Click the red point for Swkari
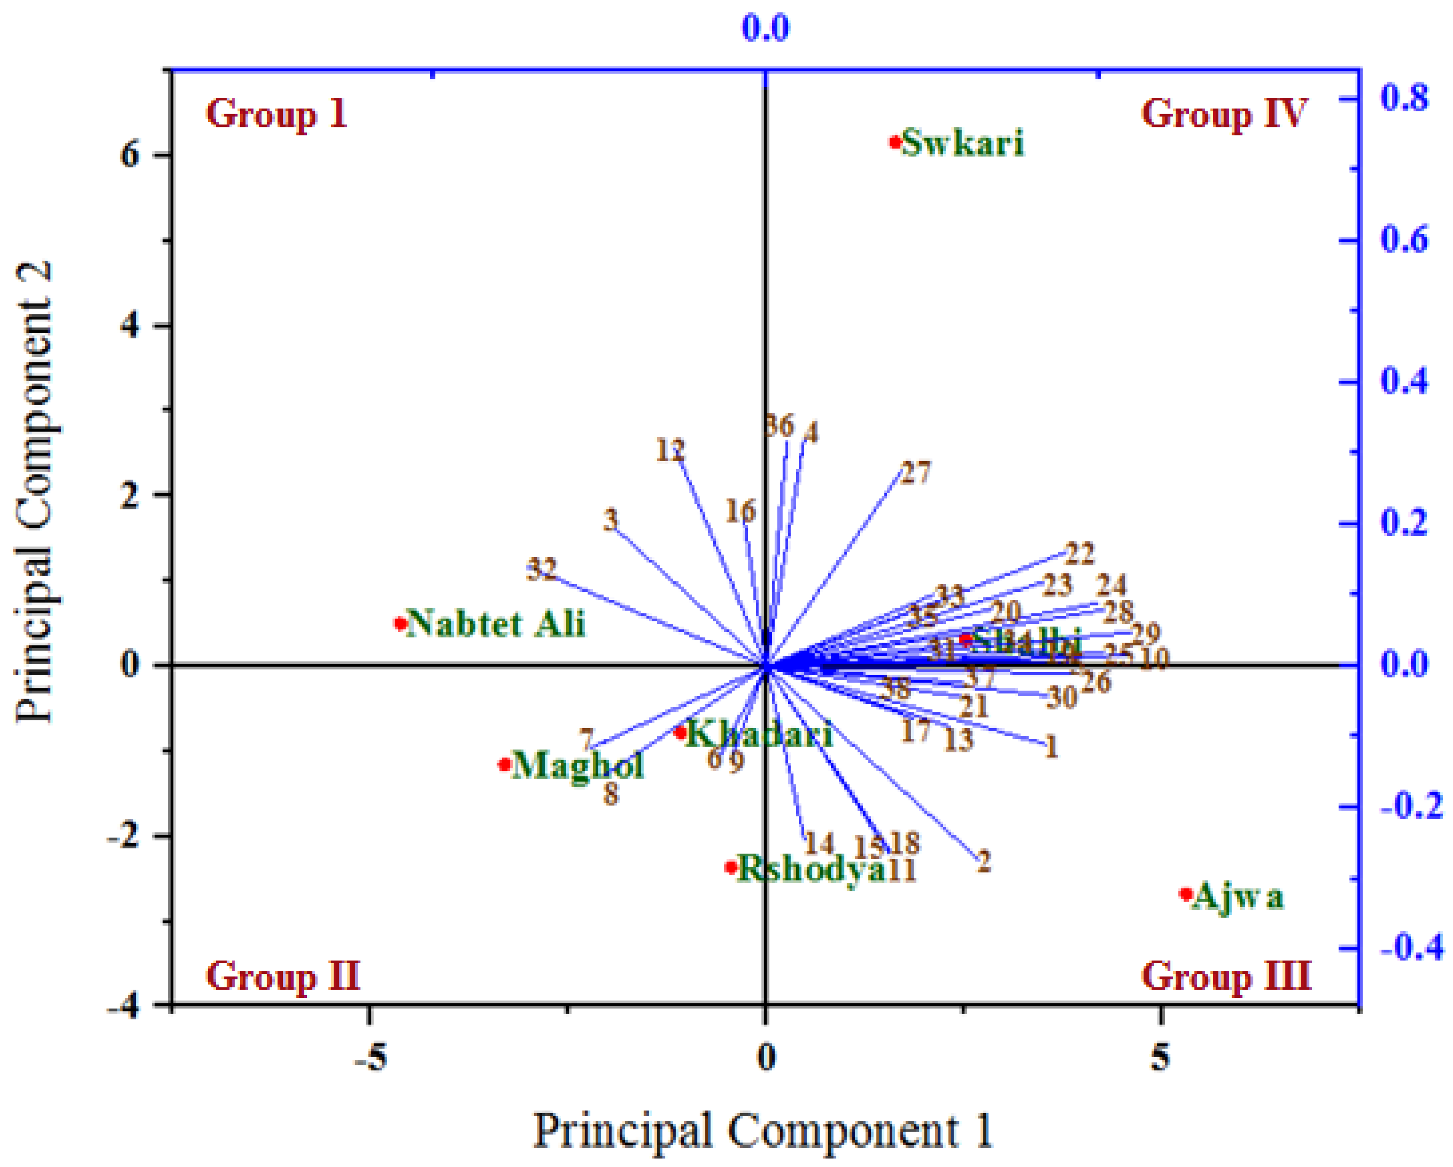tap(894, 142)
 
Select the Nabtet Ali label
tap(496, 623)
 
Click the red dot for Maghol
tap(505, 764)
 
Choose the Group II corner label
tap(283, 976)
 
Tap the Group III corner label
tap(1225, 976)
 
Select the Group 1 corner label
tap(276, 113)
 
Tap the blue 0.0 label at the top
tap(765, 28)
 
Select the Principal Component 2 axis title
tap(35, 492)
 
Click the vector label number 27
tap(915, 473)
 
